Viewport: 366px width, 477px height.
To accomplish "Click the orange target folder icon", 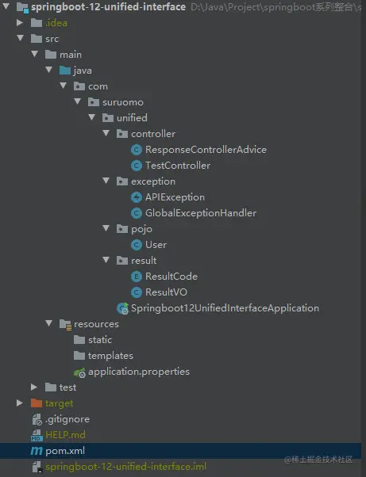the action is pyautogui.click(x=37, y=403).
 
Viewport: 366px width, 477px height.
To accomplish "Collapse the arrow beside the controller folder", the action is pyautogui.click(x=106, y=133).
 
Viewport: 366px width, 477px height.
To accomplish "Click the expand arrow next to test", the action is pyautogui.click(x=34, y=387).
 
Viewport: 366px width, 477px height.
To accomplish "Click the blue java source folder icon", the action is pyautogui.click(x=65, y=71).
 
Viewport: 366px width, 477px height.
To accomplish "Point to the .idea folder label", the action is pyautogui.click(x=56, y=23).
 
